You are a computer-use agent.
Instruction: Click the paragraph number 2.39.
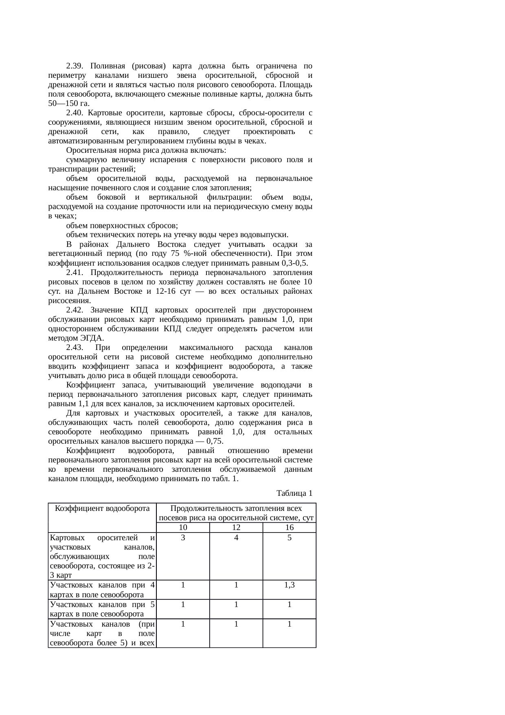74,66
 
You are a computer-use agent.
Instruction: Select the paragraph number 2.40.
75,113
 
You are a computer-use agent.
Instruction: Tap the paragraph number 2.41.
75,273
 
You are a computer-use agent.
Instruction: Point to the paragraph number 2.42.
75,310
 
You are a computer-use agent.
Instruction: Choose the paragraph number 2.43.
75,348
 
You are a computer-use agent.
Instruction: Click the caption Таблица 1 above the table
294,493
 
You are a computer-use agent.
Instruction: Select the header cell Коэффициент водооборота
102,508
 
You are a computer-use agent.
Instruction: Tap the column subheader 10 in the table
183,528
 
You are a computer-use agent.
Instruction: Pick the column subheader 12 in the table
236,528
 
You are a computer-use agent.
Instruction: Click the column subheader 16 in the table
289,528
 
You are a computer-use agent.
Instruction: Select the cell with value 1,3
289,585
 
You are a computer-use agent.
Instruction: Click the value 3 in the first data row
183,538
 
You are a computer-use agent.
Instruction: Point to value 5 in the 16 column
289,538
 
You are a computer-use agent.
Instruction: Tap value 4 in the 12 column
236,538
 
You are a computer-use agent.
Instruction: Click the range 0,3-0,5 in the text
294,263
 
